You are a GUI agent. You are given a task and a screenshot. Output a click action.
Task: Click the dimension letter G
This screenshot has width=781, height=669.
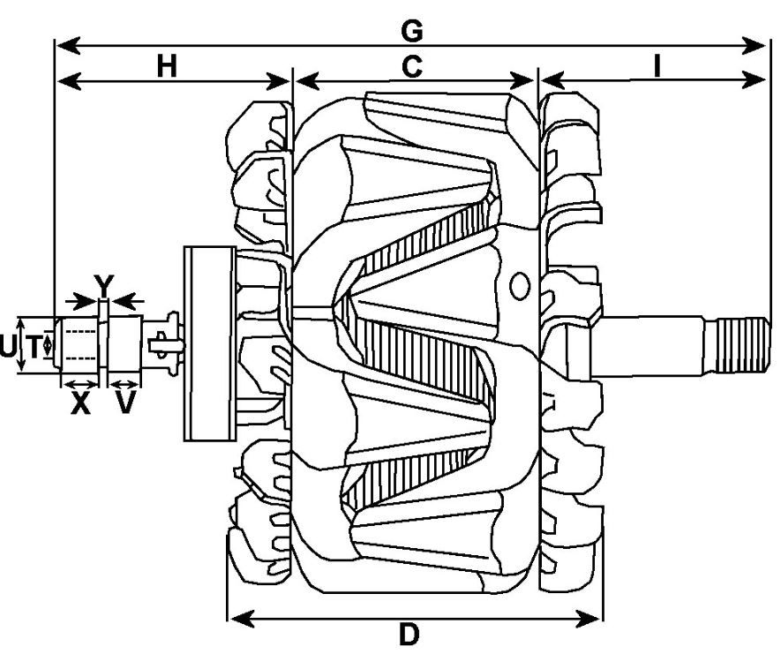coord(411,31)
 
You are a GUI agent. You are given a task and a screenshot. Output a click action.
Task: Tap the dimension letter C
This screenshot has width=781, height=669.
coord(411,67)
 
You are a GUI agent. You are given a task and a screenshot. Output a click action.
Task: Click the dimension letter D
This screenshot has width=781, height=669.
coord(409,635)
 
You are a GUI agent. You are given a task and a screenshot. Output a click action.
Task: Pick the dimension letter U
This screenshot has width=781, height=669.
coord(8,348)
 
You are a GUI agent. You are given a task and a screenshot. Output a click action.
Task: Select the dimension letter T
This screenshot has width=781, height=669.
coord(33,348)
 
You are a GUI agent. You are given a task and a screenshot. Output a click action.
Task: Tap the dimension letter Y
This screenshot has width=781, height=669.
coord(104,284)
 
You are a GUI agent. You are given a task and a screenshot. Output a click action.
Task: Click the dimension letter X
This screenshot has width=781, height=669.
coord(81,405)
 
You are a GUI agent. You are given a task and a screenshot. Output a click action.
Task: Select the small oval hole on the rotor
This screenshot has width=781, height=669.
coord(520,285)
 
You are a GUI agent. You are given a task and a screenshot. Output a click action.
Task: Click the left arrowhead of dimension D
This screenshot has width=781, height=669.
coord(237,617)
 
